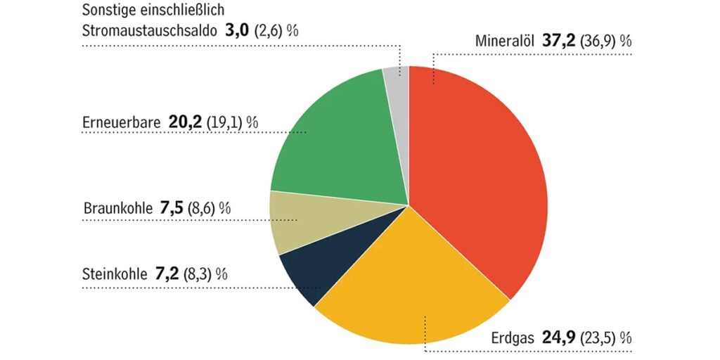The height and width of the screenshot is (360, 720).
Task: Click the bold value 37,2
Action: pyautogui.click(x=559, y=41)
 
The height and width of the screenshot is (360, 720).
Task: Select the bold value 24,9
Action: pyautogui.click(x=559, y=337)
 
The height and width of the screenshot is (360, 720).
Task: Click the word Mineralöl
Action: pyautogui.click(x=506, y=41)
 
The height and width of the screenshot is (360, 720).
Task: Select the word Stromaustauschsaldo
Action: pyautogui.click(x=149, y=30)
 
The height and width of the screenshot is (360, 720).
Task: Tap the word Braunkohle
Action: pyautogui.click(x=117, y=209)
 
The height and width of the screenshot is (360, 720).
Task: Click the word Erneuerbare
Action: pyautogui.click(x=122, y=122)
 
